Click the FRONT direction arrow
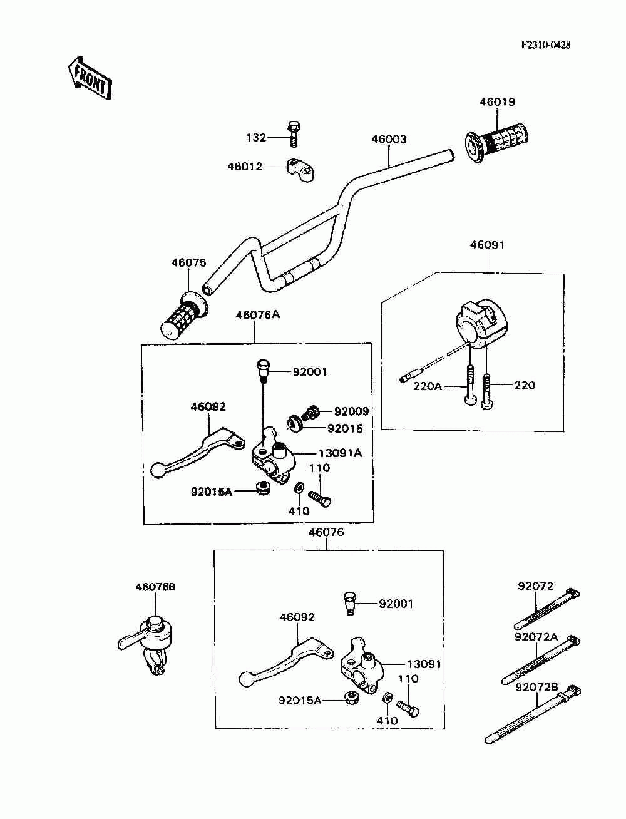tap(90, 78)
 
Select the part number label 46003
tap(389, 140)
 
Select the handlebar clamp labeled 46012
tap(300, 170)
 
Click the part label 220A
tap(427, 386)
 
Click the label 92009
tap(351, 411)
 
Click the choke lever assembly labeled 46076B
tap(147, 644)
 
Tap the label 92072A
tap(536, 637)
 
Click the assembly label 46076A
tap(257, 315)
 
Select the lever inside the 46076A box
tap(198, 452)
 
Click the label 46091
tap(487, 245)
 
